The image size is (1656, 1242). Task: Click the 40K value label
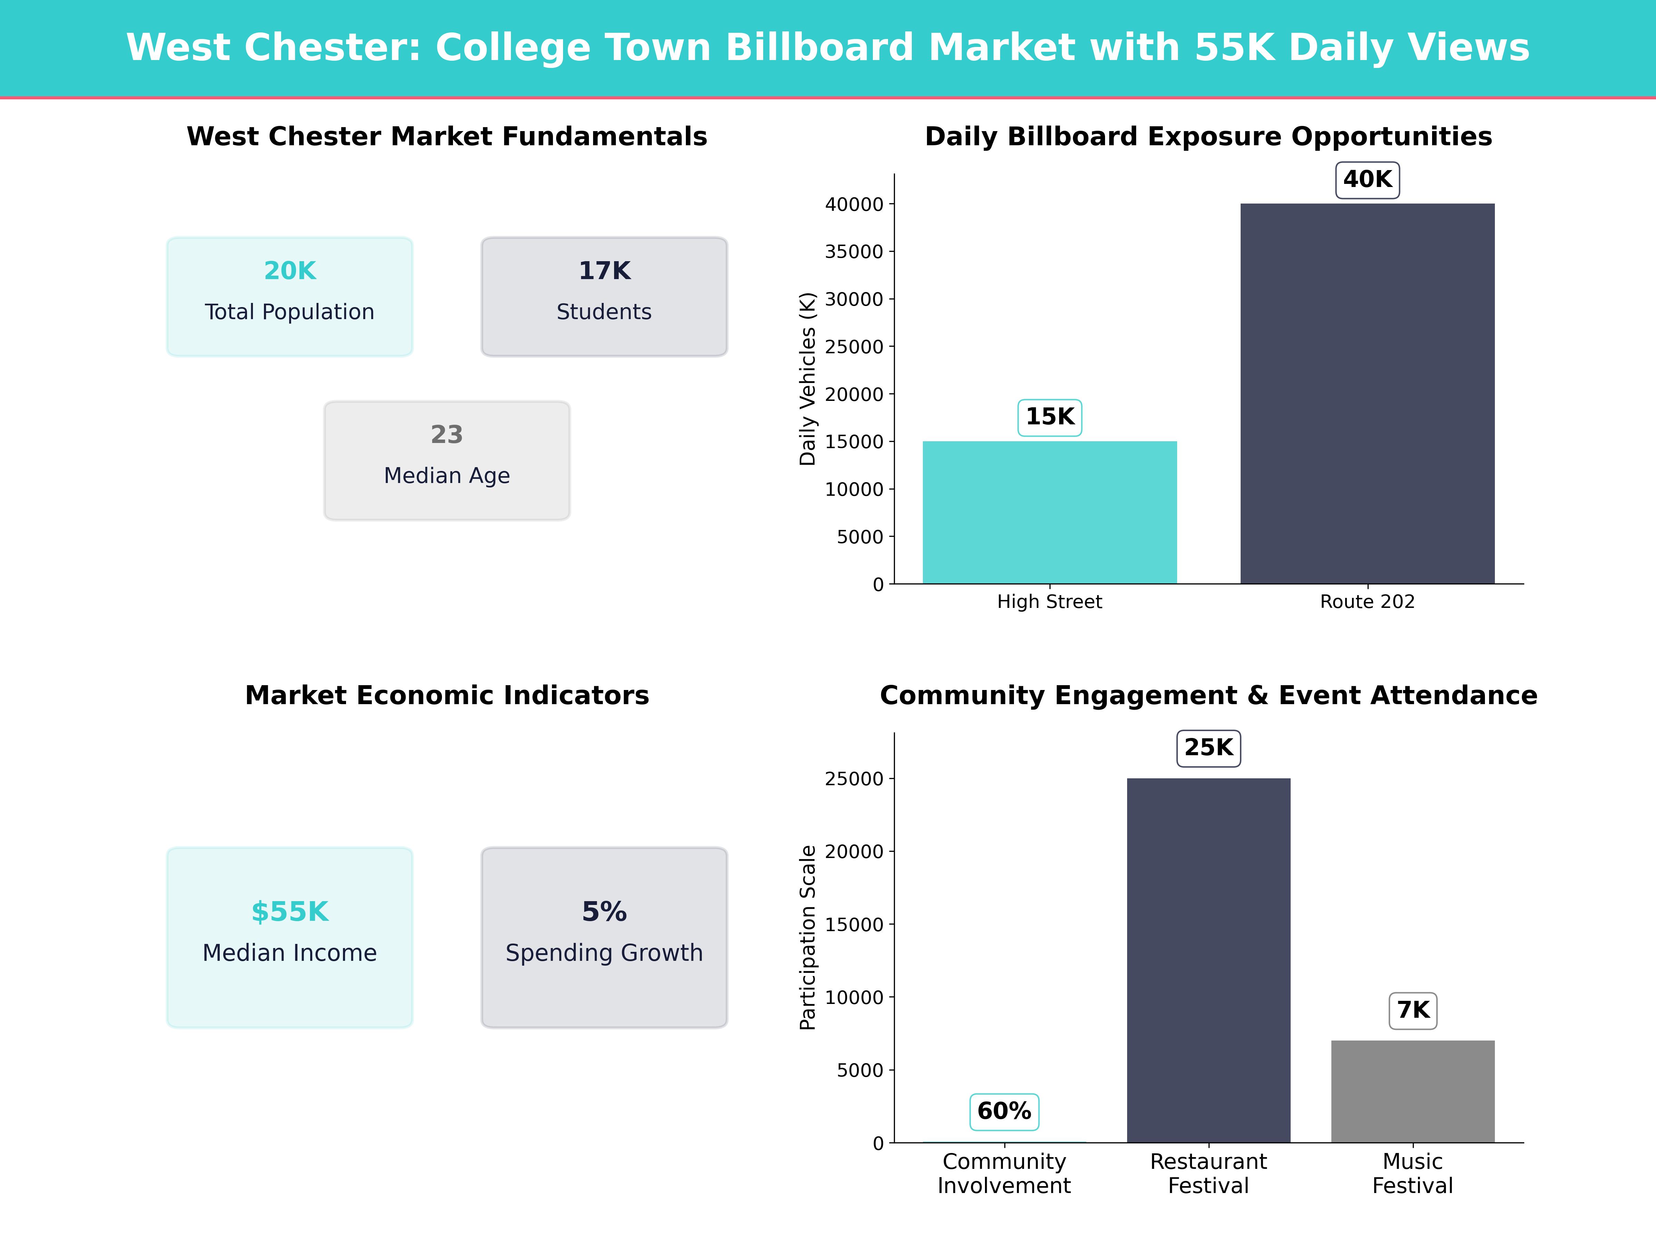[x=1367, y=180]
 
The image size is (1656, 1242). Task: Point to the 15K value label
[x=1049, y=417]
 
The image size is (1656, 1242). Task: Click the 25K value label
[x=1208, y=748]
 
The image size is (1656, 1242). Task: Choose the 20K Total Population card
[x=290, y=296]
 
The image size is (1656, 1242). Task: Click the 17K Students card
[x=604, y=296]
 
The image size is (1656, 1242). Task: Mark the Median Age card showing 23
[x=447, y=461]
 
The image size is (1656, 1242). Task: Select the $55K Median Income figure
[x=290, y=912]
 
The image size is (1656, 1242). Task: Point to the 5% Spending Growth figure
[x=604, y=912]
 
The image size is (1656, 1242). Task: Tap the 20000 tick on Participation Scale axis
[x=854, y=852]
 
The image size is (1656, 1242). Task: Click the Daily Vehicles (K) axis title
[x=807, y=379]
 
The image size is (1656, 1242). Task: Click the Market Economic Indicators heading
[x=447, y=696]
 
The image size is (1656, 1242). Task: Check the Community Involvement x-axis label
[x=1004, y=1173]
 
